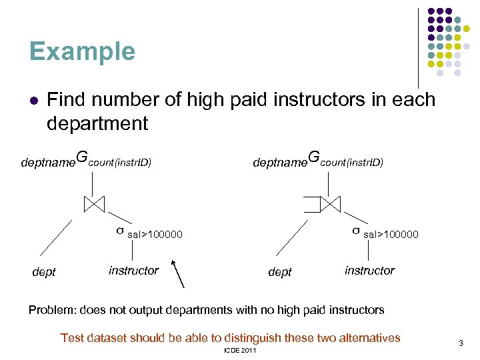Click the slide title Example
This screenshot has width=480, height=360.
tap(82, 51)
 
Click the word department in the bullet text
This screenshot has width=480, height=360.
tap(97, 123)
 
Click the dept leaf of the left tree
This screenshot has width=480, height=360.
tap(44, 272)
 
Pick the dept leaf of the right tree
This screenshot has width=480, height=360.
tap(279, 272)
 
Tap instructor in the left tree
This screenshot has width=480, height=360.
tap(133, 270)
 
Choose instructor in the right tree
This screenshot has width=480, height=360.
tap(369, 270)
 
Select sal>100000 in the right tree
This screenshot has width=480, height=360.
tap(391, 235)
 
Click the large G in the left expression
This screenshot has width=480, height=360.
tap(81, 158)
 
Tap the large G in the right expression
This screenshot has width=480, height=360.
tap(313, 158)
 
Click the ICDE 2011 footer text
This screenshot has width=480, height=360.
tap(240, 351)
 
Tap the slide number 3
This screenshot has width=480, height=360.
tap(460, 343)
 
